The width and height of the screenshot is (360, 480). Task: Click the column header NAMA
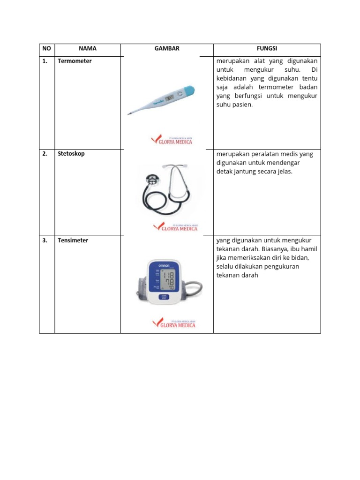pos(88,49)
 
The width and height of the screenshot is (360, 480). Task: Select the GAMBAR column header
pos(167,49)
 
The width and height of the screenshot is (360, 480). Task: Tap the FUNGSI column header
pos(267,49)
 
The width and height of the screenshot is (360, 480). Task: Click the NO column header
pos(46,49)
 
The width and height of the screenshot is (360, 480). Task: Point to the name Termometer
pos(75,61)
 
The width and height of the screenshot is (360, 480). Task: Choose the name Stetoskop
pos(71,154)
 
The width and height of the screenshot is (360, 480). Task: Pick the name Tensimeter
pos(73,240)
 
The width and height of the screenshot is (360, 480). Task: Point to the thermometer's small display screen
pos(171,97)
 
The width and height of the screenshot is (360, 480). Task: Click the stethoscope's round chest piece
pos(151,179)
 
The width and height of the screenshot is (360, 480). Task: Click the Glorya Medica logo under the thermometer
pos(172,140)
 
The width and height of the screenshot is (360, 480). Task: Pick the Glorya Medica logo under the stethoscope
pos(175,227)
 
